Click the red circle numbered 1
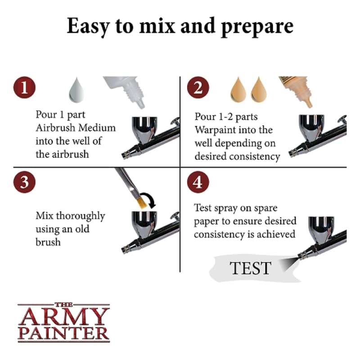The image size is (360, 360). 24,87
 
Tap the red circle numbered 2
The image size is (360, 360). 198,87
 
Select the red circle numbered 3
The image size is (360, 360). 24,182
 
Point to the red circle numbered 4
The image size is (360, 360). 198,182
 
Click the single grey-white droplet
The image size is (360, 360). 76,91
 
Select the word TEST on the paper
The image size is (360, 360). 251,268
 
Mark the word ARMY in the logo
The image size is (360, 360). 63,317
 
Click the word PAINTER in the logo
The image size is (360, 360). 63,333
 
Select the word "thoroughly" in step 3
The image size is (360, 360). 81,216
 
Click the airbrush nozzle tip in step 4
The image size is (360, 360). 299,256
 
